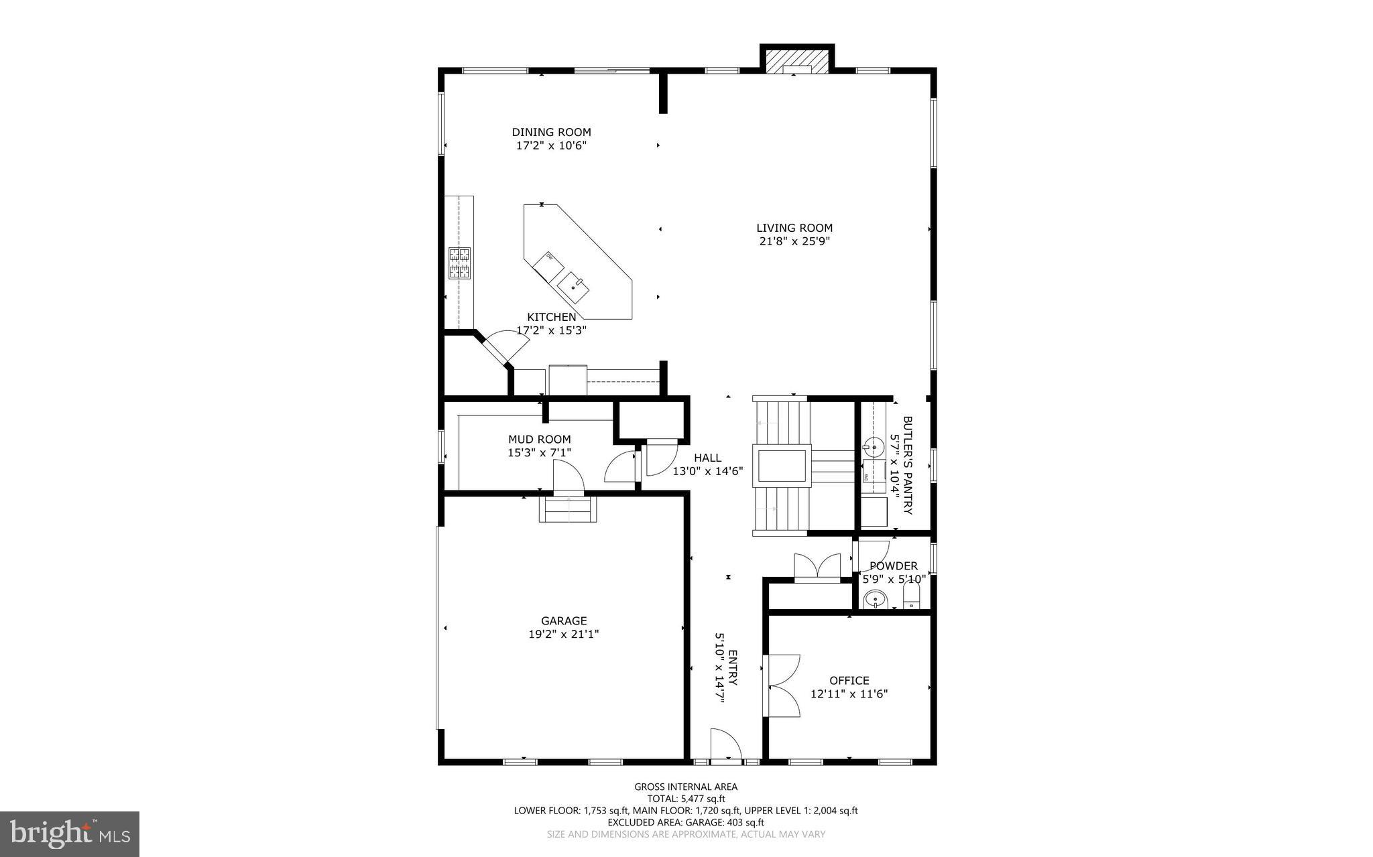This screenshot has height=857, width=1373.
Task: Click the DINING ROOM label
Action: point(551,132)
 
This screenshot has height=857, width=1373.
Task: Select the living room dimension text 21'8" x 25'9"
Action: point(794,241)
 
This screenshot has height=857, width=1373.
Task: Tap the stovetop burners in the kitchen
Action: point(459,263)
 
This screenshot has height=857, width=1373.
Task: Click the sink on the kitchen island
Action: point(574,287)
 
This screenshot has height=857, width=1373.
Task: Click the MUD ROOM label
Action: point(539,440)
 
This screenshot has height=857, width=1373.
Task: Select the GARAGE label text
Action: point(564,620)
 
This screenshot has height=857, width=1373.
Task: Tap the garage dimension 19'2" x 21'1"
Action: point(563,634)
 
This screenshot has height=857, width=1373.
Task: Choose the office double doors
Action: point(783,686)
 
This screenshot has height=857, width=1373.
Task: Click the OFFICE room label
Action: point(849,681)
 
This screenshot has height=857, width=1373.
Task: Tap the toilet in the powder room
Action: point(912,596)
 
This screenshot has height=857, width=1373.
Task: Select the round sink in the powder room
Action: point(875,599)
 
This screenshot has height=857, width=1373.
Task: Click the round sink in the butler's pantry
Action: point(874,446)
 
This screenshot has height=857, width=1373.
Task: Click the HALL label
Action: point(707,458)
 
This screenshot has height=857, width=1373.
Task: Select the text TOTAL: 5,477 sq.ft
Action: point(686,799)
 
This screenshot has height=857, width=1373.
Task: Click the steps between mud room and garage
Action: point(568,509)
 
